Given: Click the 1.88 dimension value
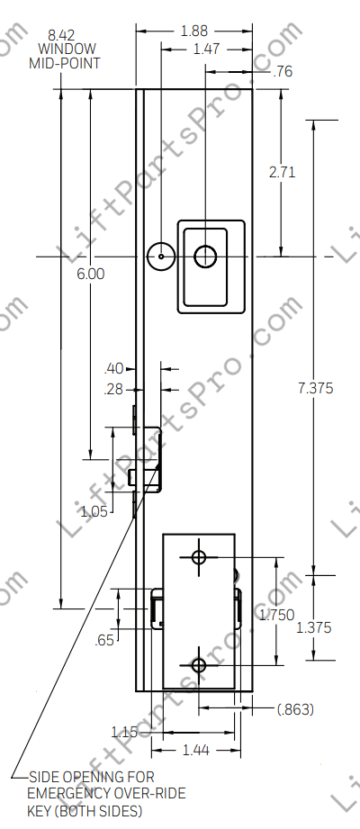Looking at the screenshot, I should [x=193, y=31].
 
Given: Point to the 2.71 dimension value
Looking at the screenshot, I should [x=282, y=172].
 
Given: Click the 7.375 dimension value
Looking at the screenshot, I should [x=315, y=388].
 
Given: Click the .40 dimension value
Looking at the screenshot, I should [x=114, y=368].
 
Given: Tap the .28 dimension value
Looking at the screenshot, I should [x=114, y=389].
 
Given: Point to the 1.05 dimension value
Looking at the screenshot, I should [x=94, y=511].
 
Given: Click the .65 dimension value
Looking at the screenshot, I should [x=106, y=640].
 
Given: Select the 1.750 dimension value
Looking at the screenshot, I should [x=276, y=615].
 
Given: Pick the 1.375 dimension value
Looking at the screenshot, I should [x=313, y=627].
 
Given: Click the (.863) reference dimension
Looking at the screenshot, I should [x=294, y=709].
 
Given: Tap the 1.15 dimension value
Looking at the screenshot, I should [x=124, y=731].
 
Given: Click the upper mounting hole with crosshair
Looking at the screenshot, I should [x=199, y=557].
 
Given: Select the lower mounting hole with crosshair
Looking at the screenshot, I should [x=199, y=665].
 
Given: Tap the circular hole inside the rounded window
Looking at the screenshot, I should [x=205, y=257].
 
